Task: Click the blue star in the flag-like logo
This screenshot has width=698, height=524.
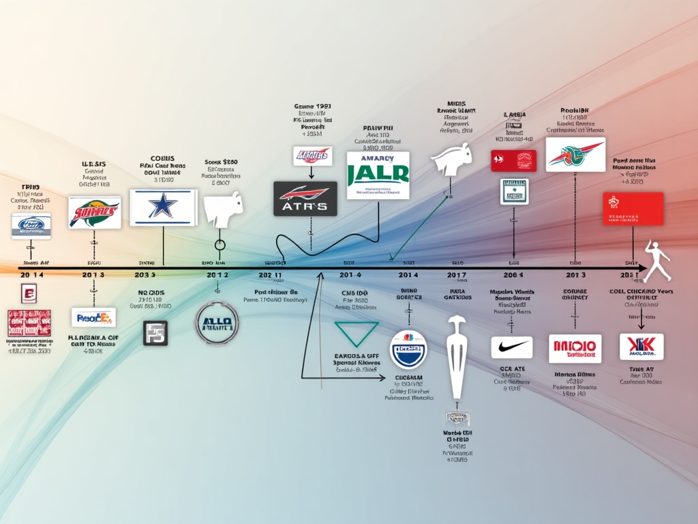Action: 163,207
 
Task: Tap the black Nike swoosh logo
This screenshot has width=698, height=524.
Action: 512,347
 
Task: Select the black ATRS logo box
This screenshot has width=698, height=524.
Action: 305,199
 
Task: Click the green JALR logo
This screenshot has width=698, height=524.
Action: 378,175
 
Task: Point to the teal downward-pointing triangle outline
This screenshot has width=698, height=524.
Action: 356,334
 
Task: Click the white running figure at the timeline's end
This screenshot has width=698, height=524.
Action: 658,261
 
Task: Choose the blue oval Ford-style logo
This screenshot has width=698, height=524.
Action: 31,225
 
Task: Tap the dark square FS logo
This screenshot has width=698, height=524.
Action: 155,333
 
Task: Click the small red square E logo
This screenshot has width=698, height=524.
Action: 29,295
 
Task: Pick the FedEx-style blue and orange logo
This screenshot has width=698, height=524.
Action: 93,317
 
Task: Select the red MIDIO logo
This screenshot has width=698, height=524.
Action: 575,348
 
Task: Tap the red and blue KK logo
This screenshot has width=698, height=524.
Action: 641,347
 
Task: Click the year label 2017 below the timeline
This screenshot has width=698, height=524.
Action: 457,274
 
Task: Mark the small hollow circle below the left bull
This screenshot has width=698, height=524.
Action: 219,246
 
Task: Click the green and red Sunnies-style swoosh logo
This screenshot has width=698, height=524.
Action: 95,212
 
